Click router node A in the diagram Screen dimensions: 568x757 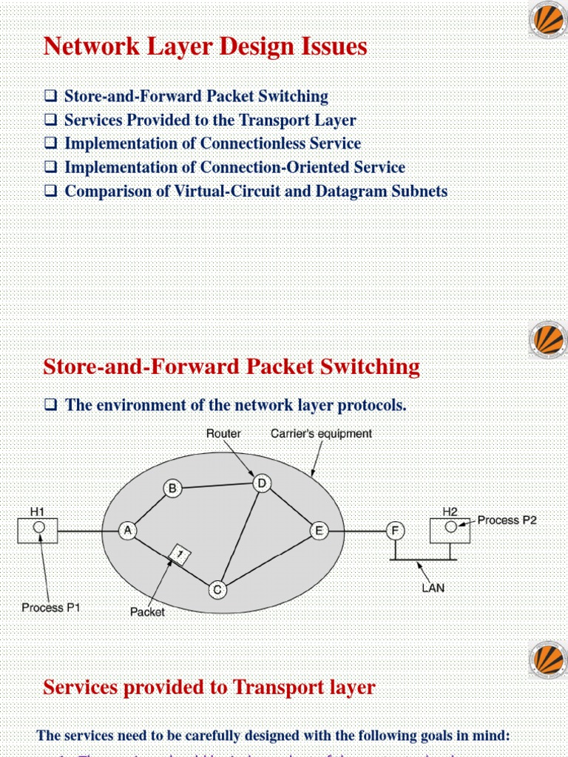[x=129, y=531]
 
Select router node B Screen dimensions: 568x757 [x=172, y=488]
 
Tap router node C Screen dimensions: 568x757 [x=217, y=589]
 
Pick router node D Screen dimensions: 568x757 [x=261, y=483]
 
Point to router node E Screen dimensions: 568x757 [x=319, y=531]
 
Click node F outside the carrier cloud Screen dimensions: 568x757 [x=396, y=531]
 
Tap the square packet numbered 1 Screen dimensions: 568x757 [x=178, y=554]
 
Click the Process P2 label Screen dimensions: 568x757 [x=507, y=520]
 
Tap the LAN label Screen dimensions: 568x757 [x=433, y=588]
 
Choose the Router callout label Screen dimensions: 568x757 [x=223, y=434]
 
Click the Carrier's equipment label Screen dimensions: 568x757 [x=321, y=434]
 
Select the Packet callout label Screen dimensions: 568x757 [x=147, y=611]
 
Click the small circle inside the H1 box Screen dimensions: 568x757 [x=38, y=527]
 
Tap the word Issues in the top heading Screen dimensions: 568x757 [x=333, y=47]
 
